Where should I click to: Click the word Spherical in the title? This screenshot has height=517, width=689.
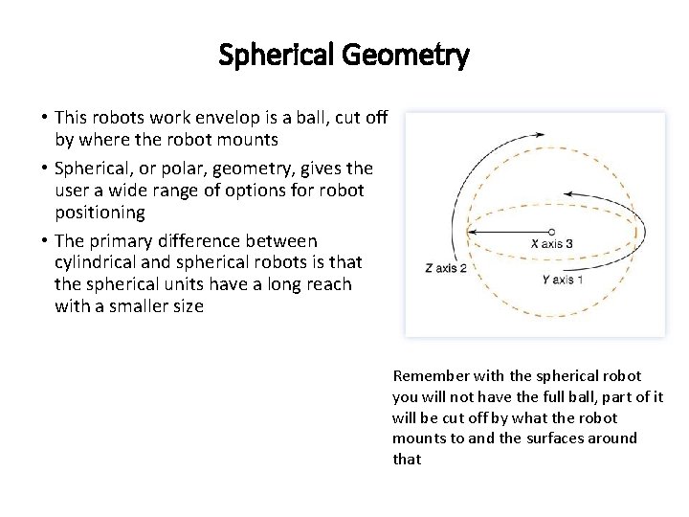(x=272, y=56)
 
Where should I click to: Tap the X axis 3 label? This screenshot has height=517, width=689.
(x=552, y=244)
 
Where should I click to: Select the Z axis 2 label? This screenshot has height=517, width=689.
(x=445, y=268)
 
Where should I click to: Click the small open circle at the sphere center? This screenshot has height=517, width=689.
(x=551, y=231)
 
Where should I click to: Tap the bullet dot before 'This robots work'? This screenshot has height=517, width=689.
(x=44, y=118)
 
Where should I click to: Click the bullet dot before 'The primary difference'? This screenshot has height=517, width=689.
(x=44, y=239)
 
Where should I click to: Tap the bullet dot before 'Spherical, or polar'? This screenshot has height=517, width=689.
(x=44, y=168)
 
